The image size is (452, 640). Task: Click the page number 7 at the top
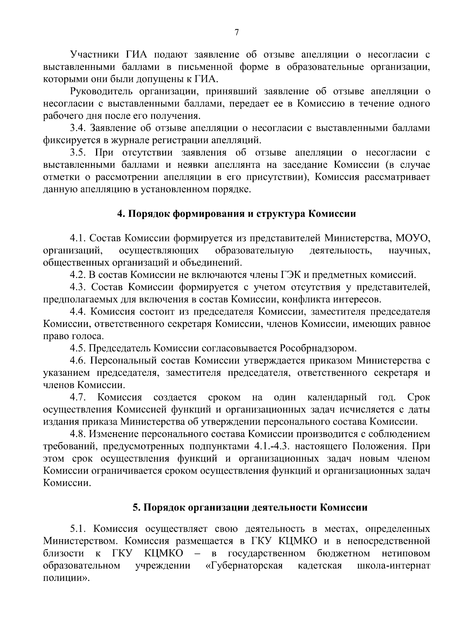tap(237, 33)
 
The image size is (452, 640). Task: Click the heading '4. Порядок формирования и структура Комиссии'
tap(237, 214)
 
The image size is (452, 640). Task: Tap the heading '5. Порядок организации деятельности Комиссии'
tap(250, 507)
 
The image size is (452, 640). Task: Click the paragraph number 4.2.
tap(78, 275)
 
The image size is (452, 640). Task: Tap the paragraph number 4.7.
tap(78, 397)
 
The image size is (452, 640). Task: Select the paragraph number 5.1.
tap(78, 529)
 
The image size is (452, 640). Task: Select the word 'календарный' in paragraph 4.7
tap(337, 397)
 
